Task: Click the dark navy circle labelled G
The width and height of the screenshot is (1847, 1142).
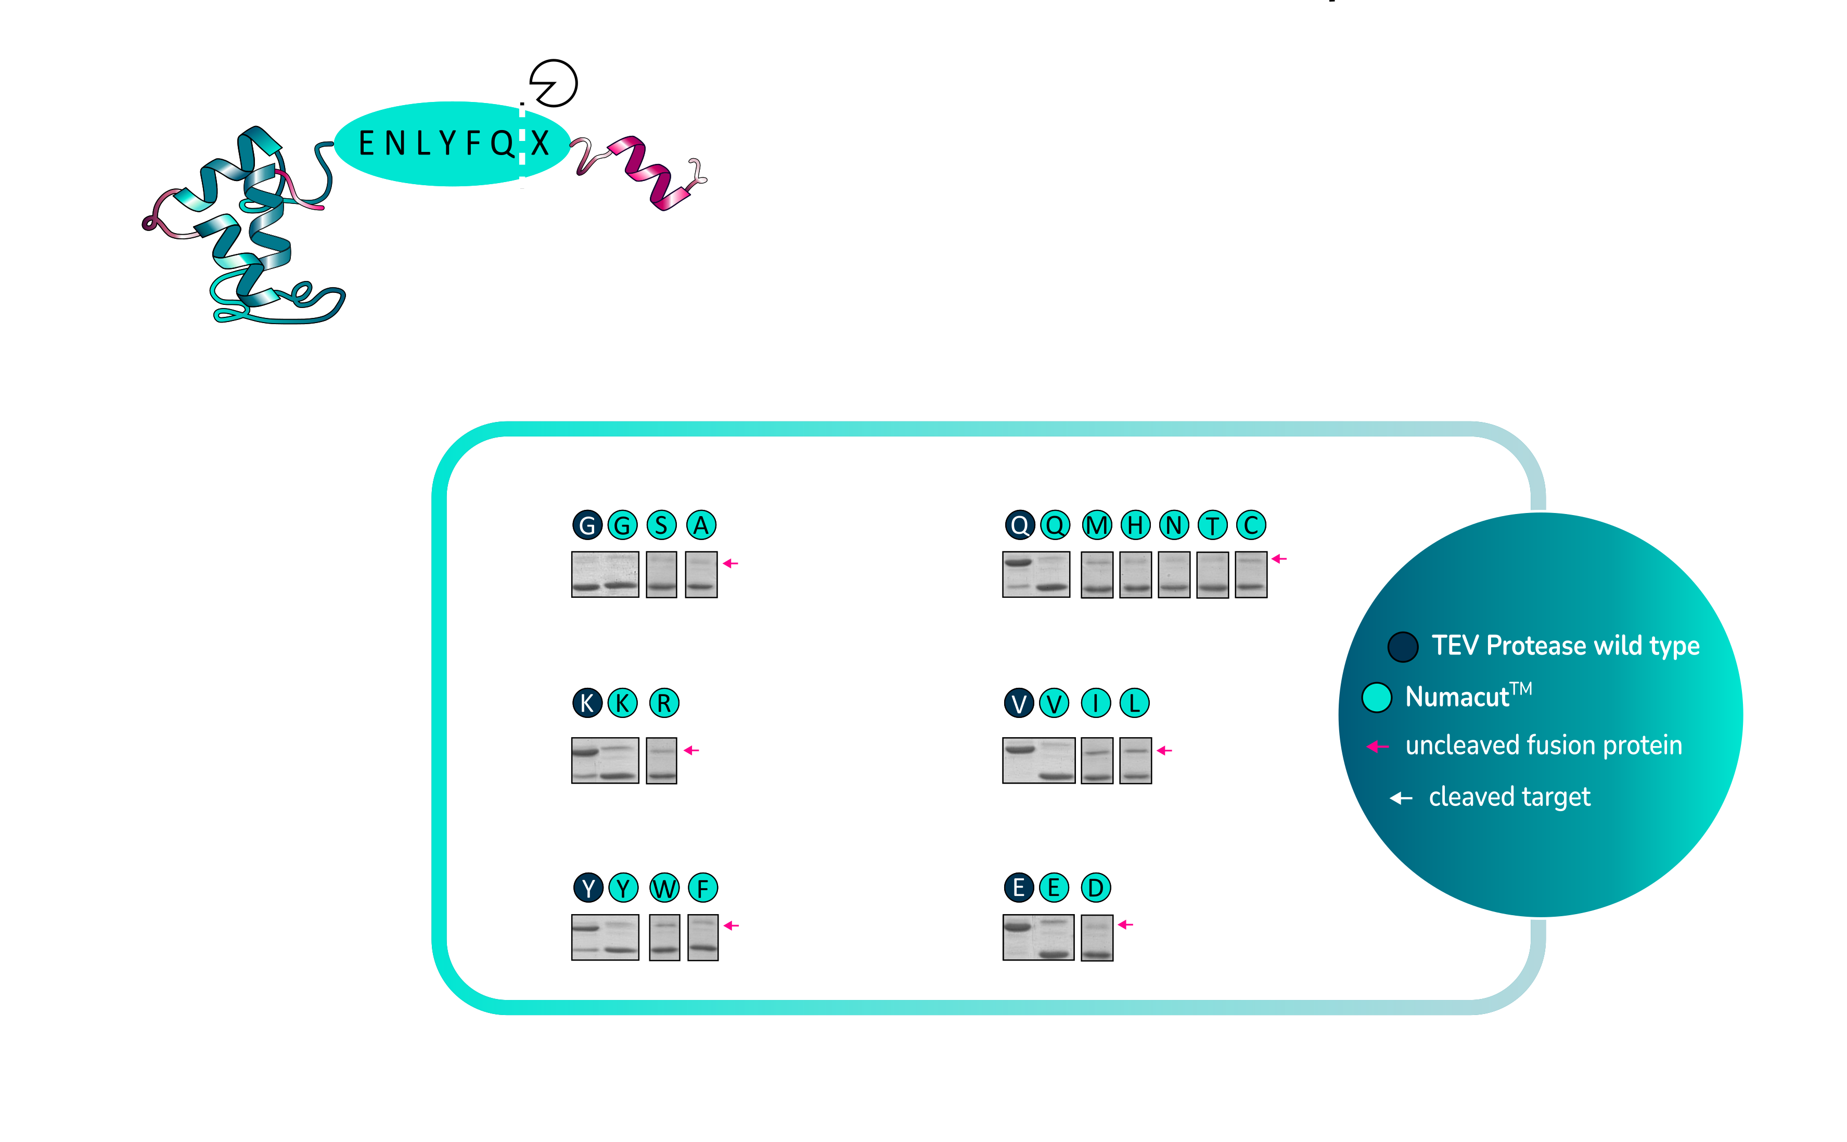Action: coord(587,525)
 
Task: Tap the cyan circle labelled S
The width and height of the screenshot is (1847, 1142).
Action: coord(661,525)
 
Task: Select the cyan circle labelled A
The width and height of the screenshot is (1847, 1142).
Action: coord(701,525)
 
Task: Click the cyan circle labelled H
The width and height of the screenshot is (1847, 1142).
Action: coord(1135,525)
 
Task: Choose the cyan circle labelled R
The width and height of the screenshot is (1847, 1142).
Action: coord(664,703)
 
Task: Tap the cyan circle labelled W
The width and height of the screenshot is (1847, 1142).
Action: coord(664,888)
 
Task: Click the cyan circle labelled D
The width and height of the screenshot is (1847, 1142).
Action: coord(1096,888)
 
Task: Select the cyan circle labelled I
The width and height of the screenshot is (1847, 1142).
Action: coord(1096,703)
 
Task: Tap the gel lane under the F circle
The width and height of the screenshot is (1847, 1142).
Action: coord(703,938)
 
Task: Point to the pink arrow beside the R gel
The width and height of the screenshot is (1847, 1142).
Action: coord(691,750)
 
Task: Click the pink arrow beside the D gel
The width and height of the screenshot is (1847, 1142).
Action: coord(1125,925)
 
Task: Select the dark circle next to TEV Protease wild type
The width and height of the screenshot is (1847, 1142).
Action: coord(1402,647)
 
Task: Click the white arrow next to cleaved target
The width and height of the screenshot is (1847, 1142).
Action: coord(1401,798)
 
